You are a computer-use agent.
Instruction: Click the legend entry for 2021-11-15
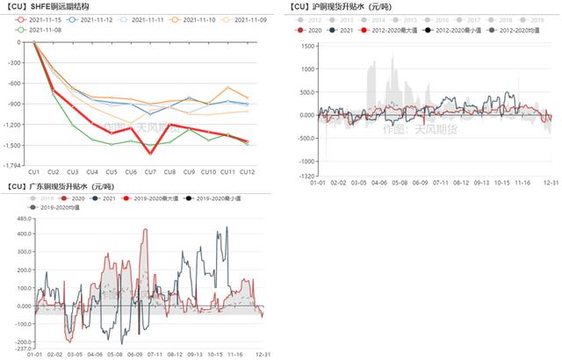(40, 18)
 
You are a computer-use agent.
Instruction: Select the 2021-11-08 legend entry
(40, 29)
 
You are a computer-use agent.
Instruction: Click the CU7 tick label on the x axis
(150, 171)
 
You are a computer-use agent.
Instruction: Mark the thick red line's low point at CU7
(150, 154)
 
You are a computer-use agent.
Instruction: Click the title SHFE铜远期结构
(61, 6)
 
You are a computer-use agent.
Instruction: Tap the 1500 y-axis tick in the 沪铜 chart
(305, 45)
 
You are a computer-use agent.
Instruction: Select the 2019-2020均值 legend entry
(56, 210)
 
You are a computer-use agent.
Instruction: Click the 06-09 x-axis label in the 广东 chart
(135, 355)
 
